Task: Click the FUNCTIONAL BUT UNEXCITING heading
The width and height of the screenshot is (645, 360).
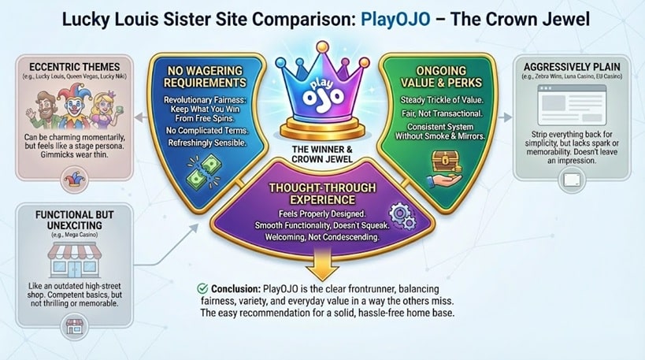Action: click(x=74, y=219)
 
